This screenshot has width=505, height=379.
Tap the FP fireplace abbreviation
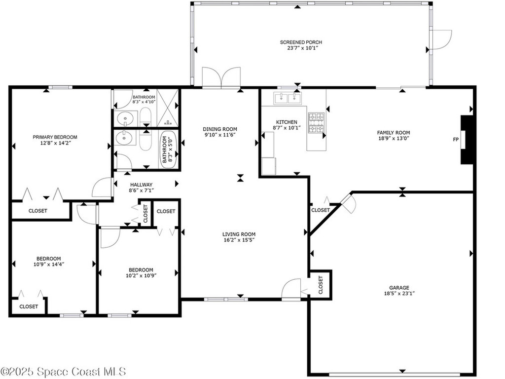click(x=456, y=139)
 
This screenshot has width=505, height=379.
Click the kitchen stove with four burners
click(x=316, y=123)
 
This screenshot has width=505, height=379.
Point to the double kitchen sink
click(x=288, y=98)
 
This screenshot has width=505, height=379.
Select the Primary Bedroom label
click(x=55, y=137)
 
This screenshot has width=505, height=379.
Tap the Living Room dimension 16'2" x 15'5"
click(x=239, y=240)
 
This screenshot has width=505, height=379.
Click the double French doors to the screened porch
click(x=221, y=78)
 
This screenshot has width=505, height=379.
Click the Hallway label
click(x=127, y=184)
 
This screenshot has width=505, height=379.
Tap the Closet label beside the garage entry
click(x=320, y=284)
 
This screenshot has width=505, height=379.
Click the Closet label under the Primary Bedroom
click(x=37, y=211)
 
